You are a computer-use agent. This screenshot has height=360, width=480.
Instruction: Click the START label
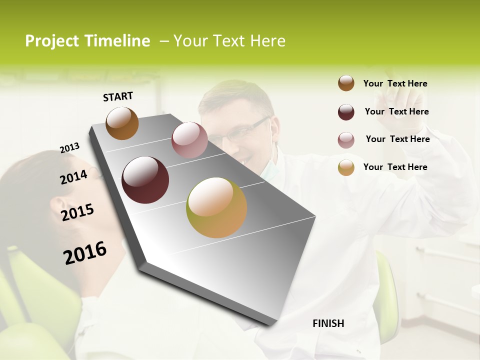click(118, 96)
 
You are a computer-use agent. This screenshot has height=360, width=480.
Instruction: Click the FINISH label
click(328, 323)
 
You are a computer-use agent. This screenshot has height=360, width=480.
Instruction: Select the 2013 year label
click(69, 148)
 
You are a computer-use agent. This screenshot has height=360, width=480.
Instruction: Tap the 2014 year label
click(73, 177)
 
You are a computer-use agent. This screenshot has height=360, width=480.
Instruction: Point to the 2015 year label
click(77, 212)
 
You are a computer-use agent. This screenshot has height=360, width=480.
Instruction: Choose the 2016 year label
click(85, 253)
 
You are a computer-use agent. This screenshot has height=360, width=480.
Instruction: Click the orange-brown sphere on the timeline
click(122, 123)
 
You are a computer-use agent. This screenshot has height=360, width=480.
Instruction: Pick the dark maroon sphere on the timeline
click(145, 180)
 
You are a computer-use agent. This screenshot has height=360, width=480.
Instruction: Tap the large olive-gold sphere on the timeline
click(216, 207)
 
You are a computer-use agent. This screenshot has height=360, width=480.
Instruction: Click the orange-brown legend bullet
click(346, 83)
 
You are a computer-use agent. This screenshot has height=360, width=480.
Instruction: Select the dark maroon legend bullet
click(346, 112)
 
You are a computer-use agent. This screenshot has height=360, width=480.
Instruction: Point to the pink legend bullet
click(346, 140)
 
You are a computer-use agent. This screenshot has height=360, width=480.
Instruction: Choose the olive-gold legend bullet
click(346, 167)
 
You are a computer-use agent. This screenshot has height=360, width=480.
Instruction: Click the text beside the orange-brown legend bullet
click(395, 83)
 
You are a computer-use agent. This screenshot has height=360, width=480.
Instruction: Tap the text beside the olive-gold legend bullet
click(395, 167)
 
